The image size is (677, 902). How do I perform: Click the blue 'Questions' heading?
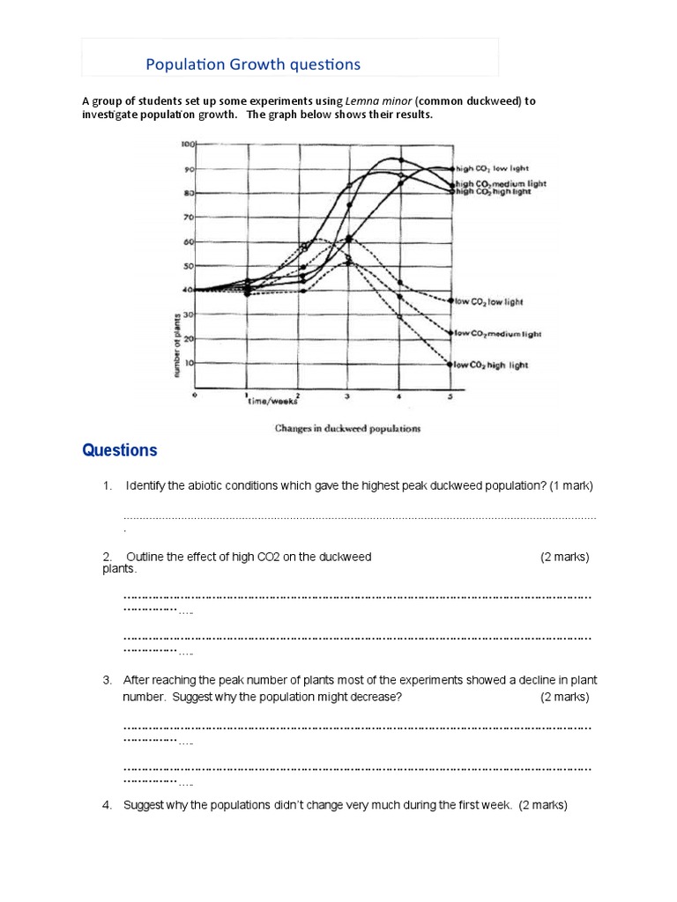(x=120, y=451)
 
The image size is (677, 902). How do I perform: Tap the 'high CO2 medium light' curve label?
(x=501, y=183)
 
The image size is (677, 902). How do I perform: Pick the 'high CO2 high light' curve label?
(x=495, y=191)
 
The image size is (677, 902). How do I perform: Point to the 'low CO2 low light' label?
(x=489, y=301)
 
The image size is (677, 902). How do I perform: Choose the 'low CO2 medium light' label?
(x=499, y=334)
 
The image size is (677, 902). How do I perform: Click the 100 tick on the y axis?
(x=187, y=143)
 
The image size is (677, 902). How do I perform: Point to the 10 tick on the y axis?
(x=188, y=362)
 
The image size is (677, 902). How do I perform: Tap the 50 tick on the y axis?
(x=188, y=265)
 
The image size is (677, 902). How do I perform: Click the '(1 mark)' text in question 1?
(x=571, y=485)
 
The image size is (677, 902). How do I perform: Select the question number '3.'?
(x=107, y=680)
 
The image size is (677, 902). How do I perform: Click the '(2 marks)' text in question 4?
(x=543, y=804)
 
